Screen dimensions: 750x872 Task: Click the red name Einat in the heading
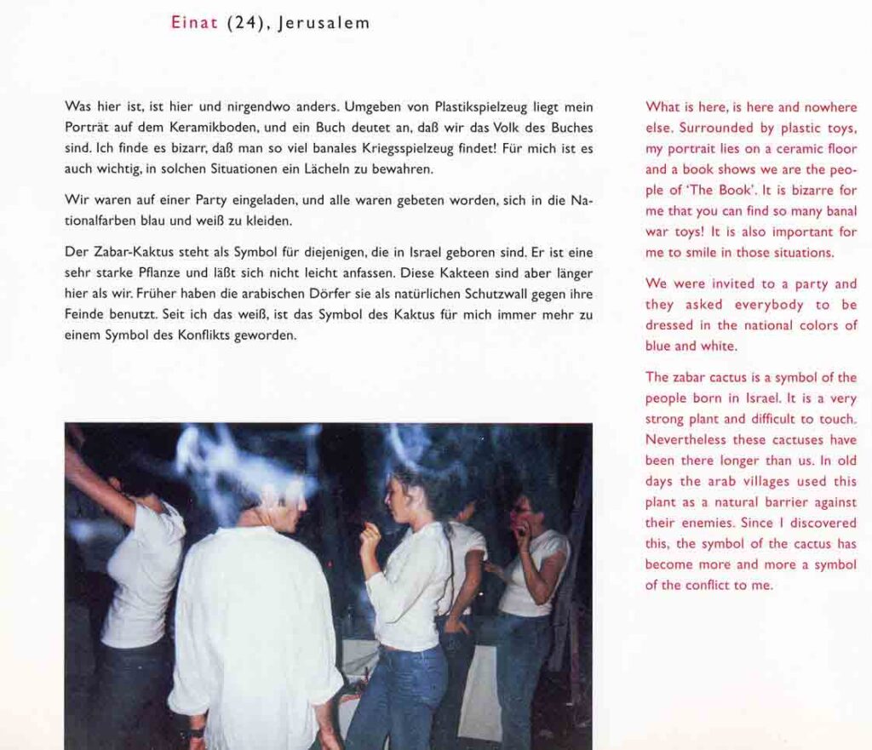pyautogui.click(x=195, y=23)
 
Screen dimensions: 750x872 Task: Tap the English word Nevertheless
pyautogui.click(x=686, y=440)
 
